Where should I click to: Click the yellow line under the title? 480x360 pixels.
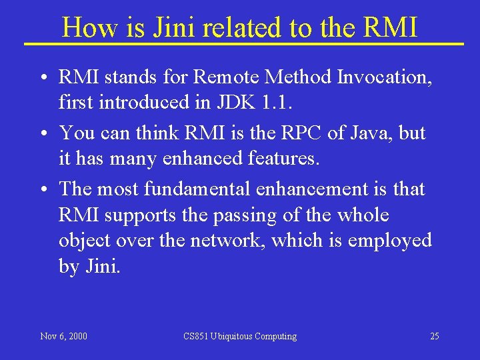[243, 44]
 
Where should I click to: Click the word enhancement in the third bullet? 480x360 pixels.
[311, 189]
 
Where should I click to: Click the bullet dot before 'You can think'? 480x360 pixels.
[42, 134]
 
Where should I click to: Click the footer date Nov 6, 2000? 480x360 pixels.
[63, 336]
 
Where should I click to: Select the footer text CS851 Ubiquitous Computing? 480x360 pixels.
[240, 336]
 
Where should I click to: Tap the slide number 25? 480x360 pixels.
[434, 336]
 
